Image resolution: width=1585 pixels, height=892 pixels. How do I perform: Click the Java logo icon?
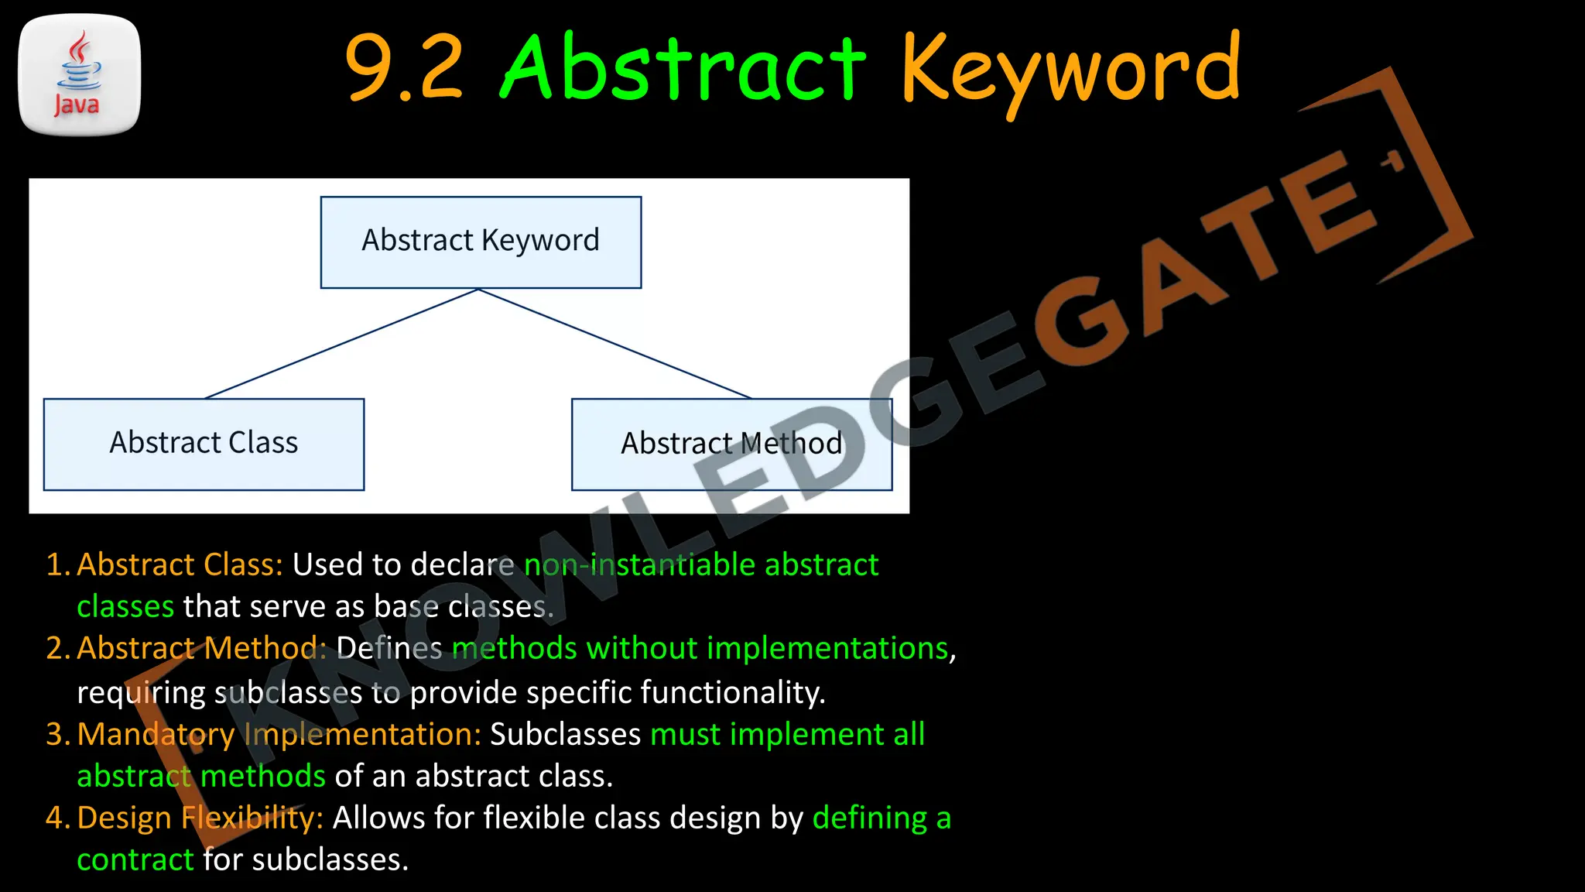coord(79,74)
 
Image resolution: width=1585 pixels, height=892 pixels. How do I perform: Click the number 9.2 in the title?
coord(403,68)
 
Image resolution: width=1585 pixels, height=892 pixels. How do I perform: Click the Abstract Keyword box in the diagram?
coord(481,242)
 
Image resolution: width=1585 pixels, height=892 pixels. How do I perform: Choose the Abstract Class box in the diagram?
coord(204,444)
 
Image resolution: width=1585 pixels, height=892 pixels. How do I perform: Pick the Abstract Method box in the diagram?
coord(731,444)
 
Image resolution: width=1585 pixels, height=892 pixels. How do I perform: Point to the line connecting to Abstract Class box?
coord(341,344)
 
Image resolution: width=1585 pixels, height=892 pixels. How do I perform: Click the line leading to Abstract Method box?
coord(615,344)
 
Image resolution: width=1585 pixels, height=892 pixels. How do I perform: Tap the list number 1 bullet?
coord(57,564)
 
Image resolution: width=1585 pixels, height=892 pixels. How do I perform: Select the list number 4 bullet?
coord(57,818)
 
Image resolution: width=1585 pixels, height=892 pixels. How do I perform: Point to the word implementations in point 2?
coord(827,648)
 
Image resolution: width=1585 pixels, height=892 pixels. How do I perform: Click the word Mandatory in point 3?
coord(156,734)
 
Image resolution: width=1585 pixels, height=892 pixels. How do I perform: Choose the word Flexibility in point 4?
coord(252,818)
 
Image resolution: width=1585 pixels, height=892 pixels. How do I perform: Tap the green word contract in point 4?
coord(135,859)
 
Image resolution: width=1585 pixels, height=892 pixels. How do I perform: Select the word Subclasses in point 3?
coord(565,734)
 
